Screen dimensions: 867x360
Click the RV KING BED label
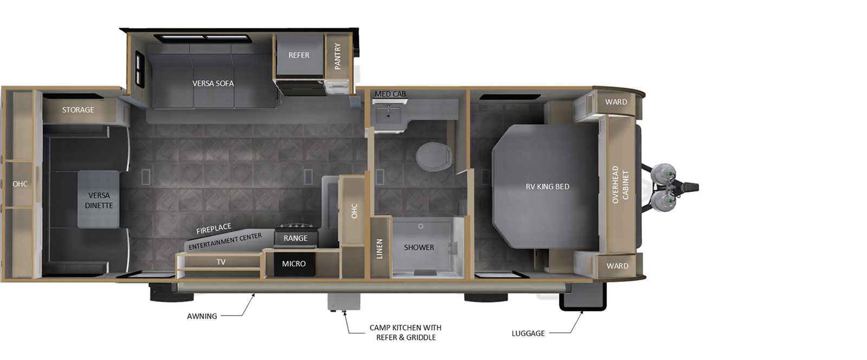[x=547, y=187]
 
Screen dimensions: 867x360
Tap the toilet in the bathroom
[x=434, y=157]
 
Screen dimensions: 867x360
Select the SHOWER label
[x=419, y=247]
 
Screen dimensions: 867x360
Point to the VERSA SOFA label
[x=213, y=83]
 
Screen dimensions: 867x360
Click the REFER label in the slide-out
[x=299, y=55]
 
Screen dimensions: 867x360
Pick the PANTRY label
[x=338, y=56]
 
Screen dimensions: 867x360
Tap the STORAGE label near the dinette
[x=78, y=110]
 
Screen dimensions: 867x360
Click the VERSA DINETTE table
[x=99, y=200]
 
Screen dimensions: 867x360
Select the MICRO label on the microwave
[x=294, y=263]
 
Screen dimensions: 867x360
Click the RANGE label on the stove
[x=295, y=238]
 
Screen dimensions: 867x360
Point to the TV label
[x=221, y=262]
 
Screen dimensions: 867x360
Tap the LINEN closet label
[x=379, y=248]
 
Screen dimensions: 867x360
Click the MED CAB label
[x=390, y=94]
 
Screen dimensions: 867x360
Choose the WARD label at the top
[x=616, y=102]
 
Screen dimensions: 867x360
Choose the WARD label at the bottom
[x=617, y=266]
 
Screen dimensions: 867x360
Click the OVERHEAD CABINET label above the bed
[x=620, y=185]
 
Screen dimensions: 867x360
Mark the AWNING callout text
[x=202, y=316]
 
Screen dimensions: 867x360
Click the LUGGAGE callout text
[x=528, y=333]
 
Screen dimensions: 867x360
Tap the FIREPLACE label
[x=213, y=229]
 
